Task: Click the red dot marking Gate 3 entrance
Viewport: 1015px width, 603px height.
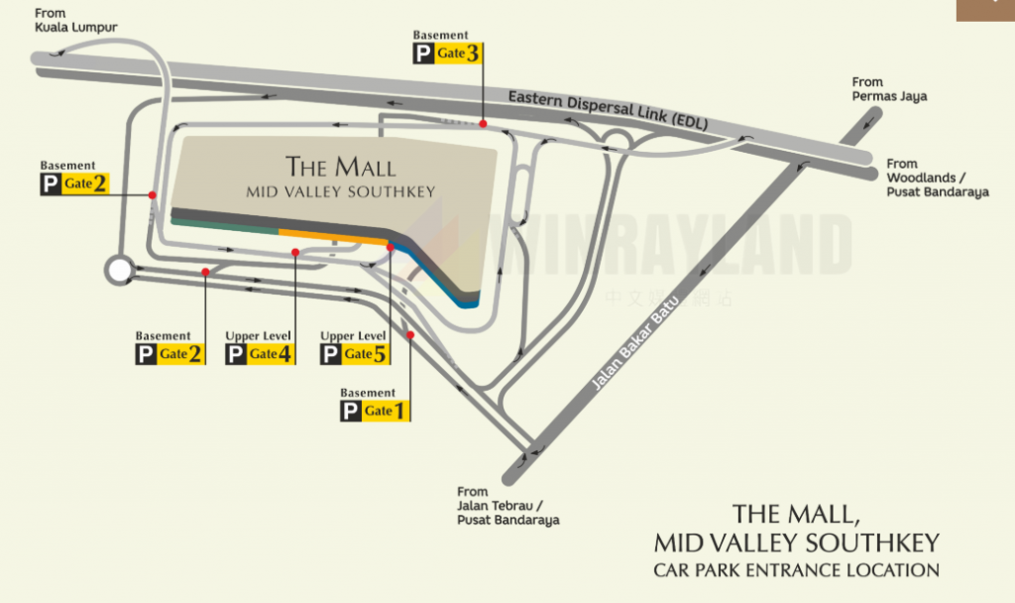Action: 483,123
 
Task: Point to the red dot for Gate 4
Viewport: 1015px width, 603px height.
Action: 295,252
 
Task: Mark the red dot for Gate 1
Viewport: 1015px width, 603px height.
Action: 410,335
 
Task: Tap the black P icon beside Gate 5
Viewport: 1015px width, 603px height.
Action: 331,354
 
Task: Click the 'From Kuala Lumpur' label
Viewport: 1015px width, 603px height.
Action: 76,20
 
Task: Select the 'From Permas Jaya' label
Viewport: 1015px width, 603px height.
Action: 889,89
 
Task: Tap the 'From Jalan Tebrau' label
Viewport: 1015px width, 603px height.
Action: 507,506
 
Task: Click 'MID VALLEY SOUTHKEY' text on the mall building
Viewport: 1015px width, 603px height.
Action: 340,191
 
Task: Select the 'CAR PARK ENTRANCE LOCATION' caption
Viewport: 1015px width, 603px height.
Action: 795,570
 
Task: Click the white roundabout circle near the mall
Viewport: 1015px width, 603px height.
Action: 120,269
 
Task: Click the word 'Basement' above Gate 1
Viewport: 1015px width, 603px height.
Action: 368,393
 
